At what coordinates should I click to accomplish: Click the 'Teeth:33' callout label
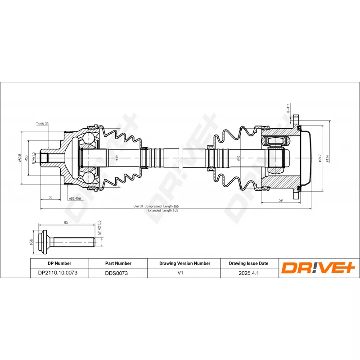pos(42,123)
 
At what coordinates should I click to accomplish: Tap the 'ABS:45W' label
pos(75,198)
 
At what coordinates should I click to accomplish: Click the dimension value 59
pos(280,200)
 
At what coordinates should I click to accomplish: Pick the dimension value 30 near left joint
pos(51,197)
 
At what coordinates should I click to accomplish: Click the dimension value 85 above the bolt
pos(66,222)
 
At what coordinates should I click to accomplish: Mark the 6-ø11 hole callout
pos(288,108)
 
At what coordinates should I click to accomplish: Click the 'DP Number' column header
pos(59,263)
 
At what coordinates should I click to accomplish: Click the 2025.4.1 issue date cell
pos(248,273)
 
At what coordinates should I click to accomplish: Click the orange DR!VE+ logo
pos(318,268)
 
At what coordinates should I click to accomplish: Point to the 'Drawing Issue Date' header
pos(248,263)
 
